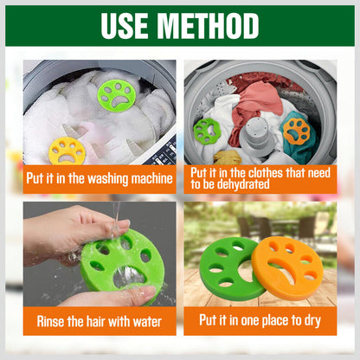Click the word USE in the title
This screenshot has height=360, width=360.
125,26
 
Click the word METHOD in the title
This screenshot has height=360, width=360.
209,26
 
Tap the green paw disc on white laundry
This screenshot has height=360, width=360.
117,96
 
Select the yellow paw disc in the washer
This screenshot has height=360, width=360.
67,151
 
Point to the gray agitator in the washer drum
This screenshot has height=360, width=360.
256,137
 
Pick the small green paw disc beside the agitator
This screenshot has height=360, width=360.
207,131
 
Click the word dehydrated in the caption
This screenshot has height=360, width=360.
243,184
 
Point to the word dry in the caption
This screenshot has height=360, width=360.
312,321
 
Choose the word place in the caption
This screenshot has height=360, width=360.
273,320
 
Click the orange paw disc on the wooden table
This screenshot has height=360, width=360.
287,268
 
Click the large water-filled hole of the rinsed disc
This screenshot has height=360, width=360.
127,277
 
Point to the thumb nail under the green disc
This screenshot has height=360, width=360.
148,292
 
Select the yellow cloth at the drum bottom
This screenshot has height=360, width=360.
228,157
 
